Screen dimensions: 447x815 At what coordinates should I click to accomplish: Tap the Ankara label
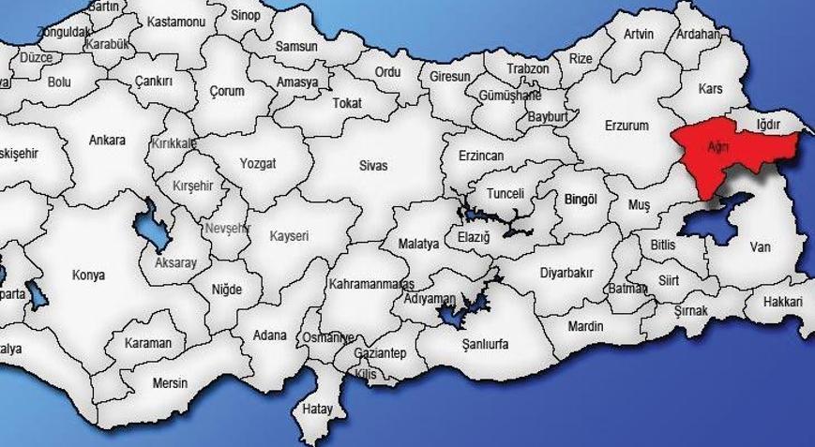[107, 141]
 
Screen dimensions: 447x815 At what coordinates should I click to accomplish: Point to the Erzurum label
[626, 126]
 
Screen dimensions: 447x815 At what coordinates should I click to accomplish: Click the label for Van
[760, 247]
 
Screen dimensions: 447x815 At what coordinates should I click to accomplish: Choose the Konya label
[89, 276]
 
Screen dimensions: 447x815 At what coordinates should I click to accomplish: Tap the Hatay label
[318, 409]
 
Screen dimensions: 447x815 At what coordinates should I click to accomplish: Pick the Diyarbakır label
[566, 273]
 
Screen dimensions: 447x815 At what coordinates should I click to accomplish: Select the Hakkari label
[783, 302]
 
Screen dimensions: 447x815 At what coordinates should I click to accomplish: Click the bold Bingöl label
[581, 199]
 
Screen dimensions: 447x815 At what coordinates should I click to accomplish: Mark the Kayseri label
[289, 236]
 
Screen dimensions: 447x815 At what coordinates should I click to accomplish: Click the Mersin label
[170, 383]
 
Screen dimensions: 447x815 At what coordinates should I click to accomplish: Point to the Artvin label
[639, 35]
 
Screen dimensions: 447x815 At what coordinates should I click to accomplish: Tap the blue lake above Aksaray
[148, 226]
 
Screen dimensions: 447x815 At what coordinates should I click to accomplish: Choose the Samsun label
[296, 46]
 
